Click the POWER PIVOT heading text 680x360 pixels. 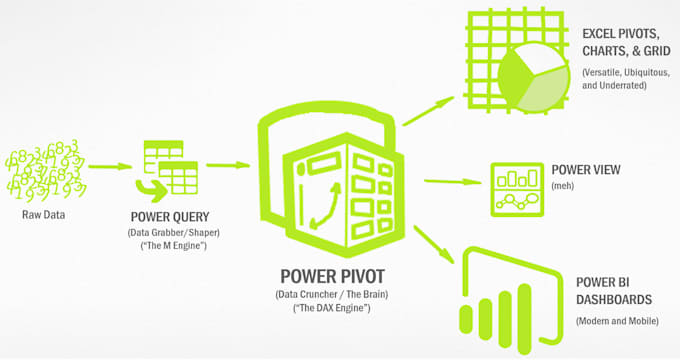(x=332, y=273)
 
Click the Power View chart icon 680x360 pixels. (x=518, y=187)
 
